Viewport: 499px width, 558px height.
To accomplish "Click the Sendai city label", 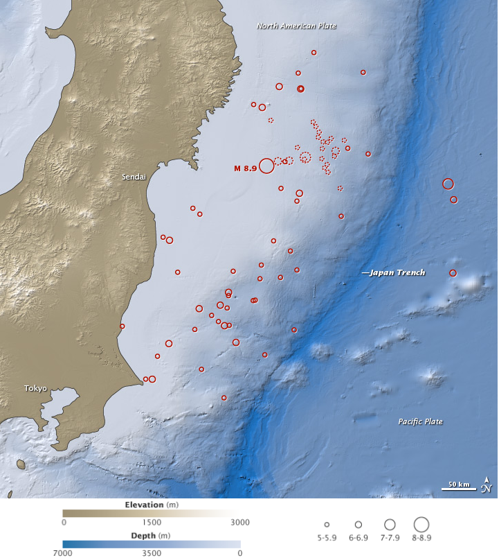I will tap(134, 177).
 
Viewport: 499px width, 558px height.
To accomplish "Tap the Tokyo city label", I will tap(35, 388).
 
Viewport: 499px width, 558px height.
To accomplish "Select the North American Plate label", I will tap(296, 26).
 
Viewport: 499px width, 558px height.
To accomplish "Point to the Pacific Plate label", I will tap(420, 421).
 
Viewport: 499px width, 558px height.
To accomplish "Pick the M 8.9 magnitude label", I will tap(244, 168).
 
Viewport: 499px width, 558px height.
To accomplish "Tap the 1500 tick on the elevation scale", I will tap(152, 522).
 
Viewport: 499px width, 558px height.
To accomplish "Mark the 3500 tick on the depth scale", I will tap(152, 553).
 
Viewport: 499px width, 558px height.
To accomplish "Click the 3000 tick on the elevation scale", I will tap(239, 522).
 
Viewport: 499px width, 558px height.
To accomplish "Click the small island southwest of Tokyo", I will tap(20, 463).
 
